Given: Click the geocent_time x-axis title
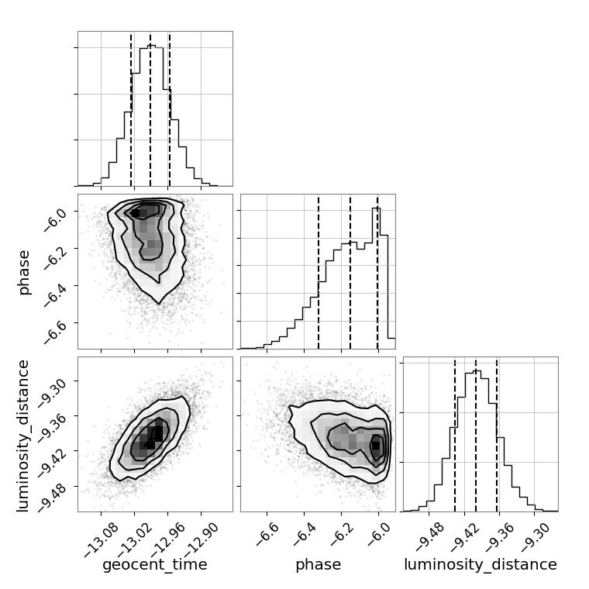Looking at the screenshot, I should [155, 565].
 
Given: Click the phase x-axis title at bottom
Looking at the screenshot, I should [318, 565].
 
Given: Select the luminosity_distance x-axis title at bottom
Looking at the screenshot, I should [480, 565].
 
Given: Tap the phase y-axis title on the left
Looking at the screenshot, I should [25, 271].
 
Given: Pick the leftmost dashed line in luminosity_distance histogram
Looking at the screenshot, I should [455, 434].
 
